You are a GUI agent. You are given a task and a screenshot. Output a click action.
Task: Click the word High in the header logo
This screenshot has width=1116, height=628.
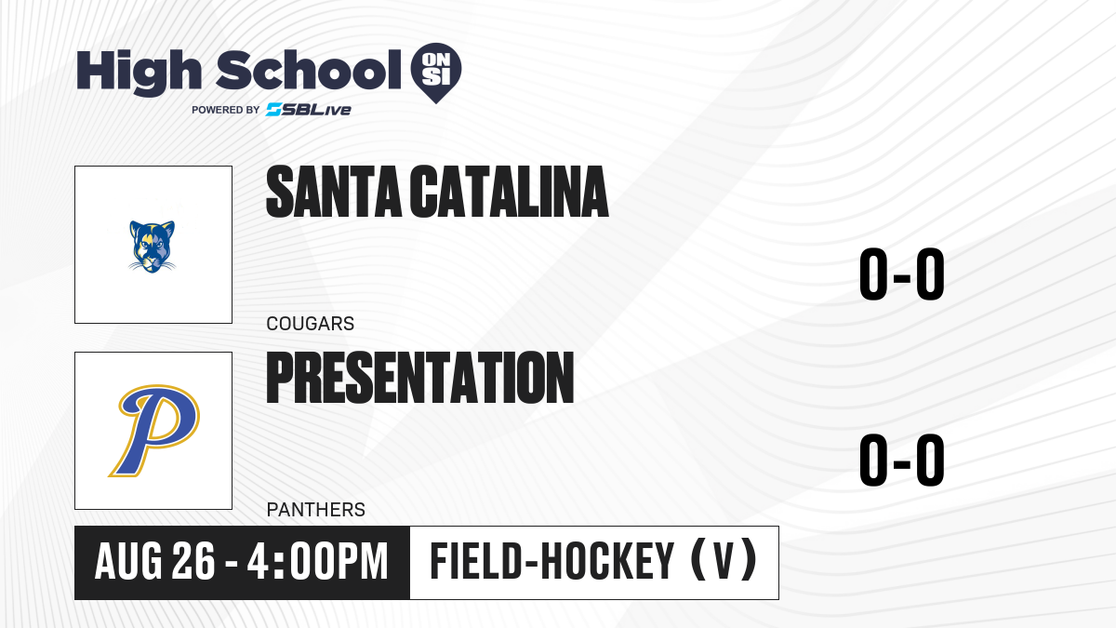click(x=139, y=72)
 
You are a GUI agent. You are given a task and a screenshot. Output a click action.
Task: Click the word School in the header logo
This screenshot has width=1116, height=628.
click(x=309, y=70)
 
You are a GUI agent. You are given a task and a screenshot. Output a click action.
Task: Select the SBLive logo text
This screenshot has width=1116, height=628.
click(x=309, y=110)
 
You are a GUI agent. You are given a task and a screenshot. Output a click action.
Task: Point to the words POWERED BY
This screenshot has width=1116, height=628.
click(x=226, y=110)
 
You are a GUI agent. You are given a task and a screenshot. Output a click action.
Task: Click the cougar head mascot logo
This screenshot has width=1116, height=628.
click(x=152, y=247)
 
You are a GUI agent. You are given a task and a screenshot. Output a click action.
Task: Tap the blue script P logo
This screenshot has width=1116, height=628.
click(x=154, y=431)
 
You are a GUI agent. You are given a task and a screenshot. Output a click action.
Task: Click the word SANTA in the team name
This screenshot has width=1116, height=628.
click(x=333, y=192)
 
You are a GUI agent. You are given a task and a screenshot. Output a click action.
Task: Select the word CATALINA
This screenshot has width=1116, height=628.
click(x=509, y=192)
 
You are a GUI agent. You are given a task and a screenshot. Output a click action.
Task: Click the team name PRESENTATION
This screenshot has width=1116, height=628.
click(x=420, y=378)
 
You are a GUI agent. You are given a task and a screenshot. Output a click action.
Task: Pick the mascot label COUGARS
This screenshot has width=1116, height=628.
click(x=311, y=324)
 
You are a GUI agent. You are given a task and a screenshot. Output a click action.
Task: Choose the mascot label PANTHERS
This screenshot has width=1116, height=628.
click(x=316, y=510)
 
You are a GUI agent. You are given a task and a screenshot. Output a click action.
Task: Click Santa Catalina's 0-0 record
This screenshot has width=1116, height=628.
click(x=902, y=274)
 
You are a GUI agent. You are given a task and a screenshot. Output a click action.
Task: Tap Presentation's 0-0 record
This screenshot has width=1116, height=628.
click(x=902, y=460)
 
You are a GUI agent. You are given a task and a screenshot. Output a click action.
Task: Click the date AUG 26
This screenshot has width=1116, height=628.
click(x=155, y=562)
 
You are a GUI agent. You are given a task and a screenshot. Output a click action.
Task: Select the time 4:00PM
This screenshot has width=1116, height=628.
click(x=317, y=562)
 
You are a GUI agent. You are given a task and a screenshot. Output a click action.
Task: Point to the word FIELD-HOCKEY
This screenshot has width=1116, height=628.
click(x=552, y=562)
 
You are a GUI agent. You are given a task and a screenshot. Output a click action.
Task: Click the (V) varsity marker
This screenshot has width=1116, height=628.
click(x=724, y=561)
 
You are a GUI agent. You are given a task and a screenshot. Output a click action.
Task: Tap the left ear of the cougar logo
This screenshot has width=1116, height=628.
click(x=136, y=229)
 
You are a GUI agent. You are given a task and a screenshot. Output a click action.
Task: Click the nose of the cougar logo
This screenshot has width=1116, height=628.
click(x=152, y=260)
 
